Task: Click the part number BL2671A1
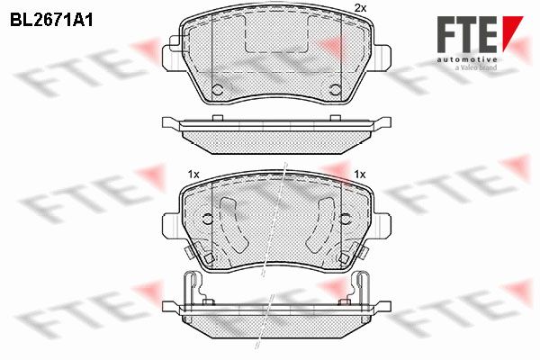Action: pyautogui.click(x=51, y=21)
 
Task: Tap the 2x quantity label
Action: pyautogui.click(x=360, y=9)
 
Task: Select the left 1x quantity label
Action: pyautogui.click(x=193, y=175)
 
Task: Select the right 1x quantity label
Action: pyautogui.click(x=360, y=175)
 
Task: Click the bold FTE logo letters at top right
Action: pyautogui.click(x=467, y=34)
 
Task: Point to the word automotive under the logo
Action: pyautogui.click(x=467, y=59)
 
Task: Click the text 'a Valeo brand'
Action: pyautogui.click(x=476, y=67)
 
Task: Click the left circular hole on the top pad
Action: pyautogui.click(x=217, y=90)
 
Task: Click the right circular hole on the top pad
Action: pyautogui.click(x=335, y=90)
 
